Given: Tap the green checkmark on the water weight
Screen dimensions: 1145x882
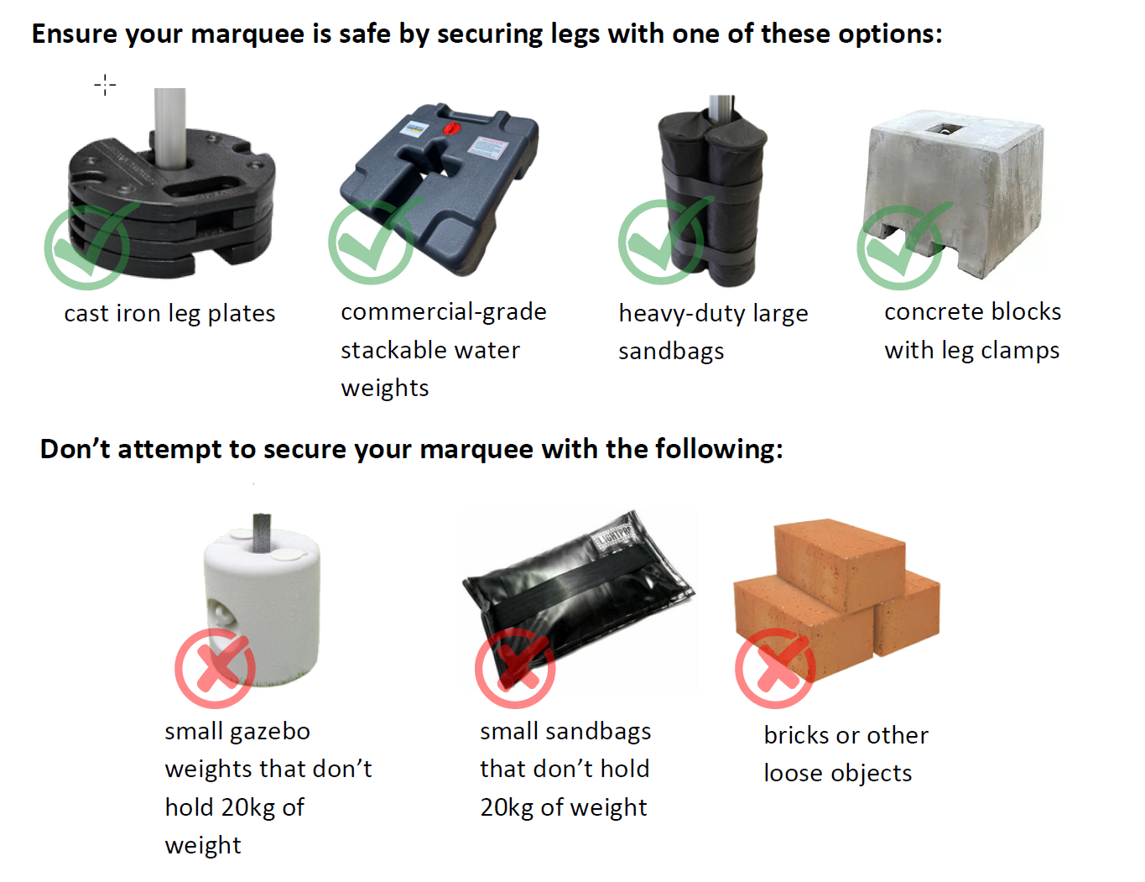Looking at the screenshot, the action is (x=371, y=243).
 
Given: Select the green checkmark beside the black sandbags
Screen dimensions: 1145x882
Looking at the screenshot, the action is (x=661, y=243).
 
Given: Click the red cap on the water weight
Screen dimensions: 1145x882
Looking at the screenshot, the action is (x=451, y=128).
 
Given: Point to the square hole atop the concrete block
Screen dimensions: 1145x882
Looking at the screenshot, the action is (x=945, y=128).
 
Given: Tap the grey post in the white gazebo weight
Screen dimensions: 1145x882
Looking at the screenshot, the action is (x=262, y=533).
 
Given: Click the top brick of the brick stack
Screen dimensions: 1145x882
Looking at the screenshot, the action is (x=840, y=564).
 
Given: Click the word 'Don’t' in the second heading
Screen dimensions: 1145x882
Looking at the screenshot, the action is (x=75, y=449).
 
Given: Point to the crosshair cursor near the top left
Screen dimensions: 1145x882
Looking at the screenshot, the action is (x=105, y=85).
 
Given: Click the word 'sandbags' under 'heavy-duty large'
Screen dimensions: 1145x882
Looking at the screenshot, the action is (x=671, y=352).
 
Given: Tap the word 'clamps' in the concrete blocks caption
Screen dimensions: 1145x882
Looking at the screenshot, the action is (x=1019, y=351).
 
